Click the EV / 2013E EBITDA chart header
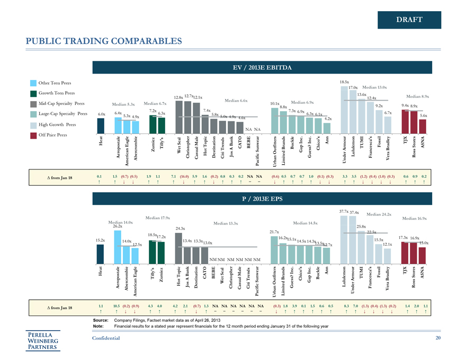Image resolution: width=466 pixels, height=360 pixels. (263, 67)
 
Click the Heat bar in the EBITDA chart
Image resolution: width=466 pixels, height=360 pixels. (101, 125)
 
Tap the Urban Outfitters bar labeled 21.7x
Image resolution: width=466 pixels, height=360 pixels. (274, 249)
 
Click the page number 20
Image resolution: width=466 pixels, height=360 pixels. (437, 338)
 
